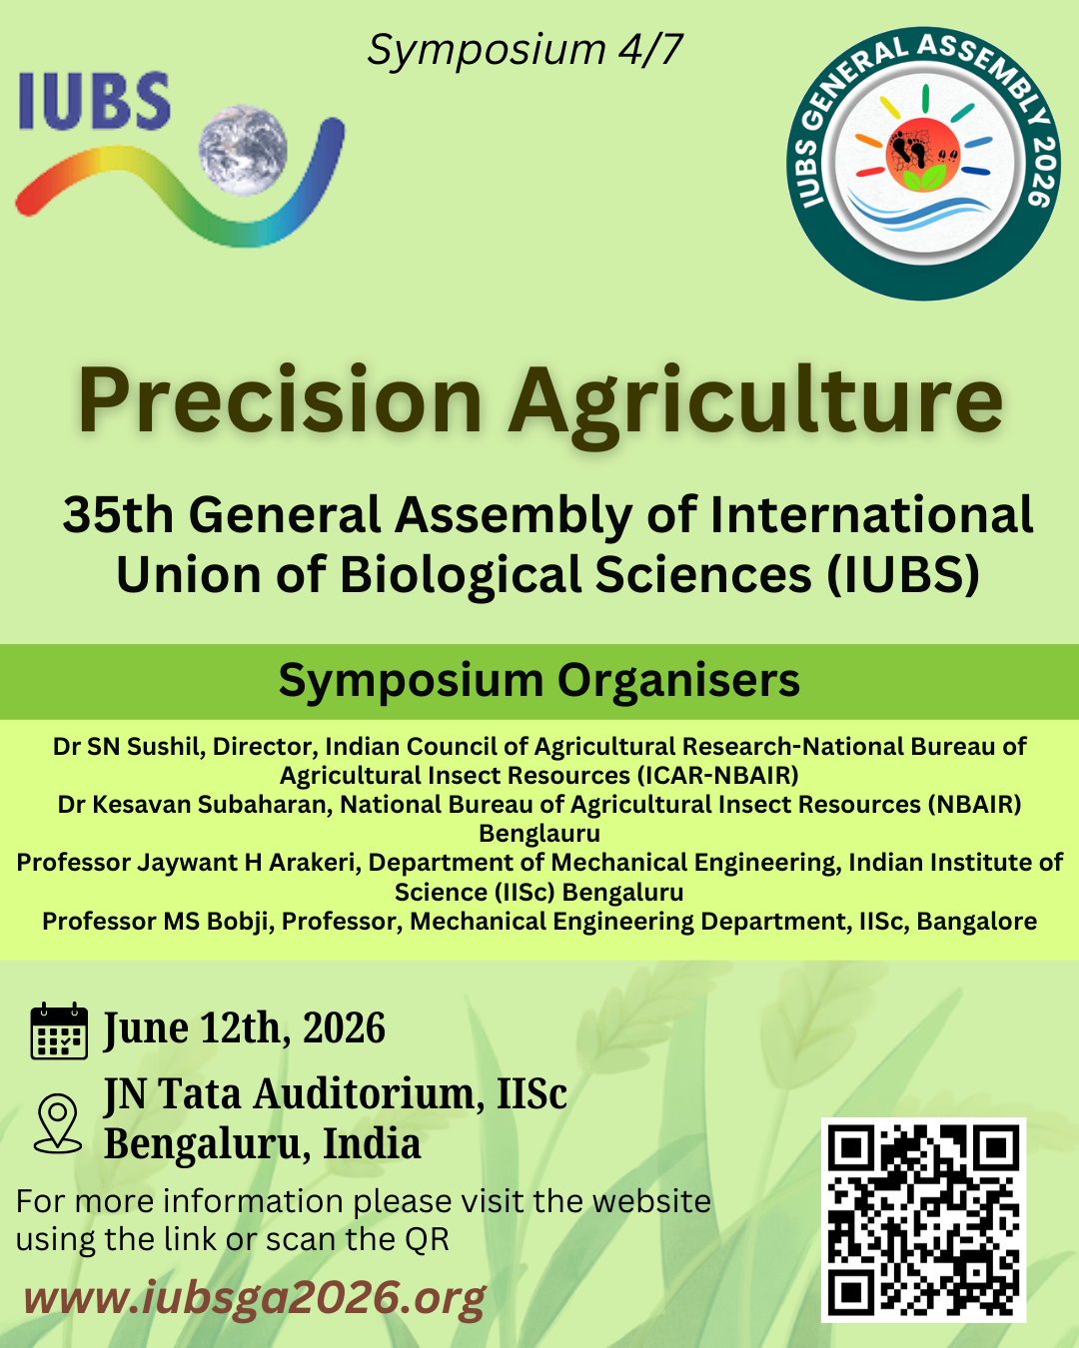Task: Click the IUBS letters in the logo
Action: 95,100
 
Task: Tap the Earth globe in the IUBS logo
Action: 243,151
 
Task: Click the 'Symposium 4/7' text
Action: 525,50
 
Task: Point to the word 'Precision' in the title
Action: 280,399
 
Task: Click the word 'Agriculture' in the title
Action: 755,400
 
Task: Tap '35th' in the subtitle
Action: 119,515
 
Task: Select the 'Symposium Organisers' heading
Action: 539,680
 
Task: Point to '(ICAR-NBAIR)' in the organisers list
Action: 718,776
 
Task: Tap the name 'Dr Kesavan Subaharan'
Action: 195,805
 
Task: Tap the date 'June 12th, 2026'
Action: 244,1028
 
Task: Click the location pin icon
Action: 58,1123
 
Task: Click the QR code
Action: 923,1220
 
